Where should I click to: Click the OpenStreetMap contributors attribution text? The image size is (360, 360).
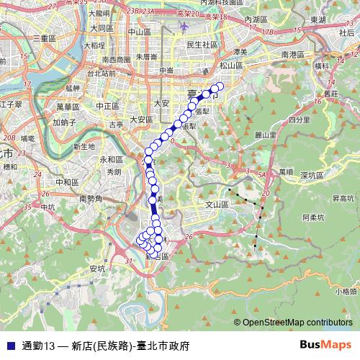click(x=294, y=323)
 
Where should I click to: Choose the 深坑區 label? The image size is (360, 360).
click(x=313, y=175)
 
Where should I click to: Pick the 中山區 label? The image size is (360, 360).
click(x=138, y=32)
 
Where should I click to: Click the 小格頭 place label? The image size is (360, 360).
click(x=346, y=291)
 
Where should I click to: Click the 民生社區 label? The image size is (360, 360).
click(x=202, y=44)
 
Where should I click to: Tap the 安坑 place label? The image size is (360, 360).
click(x=96, y=269)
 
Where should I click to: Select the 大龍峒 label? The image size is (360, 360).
click(x=99, y=13)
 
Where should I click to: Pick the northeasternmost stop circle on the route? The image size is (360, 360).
click(x=220, y=87)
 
